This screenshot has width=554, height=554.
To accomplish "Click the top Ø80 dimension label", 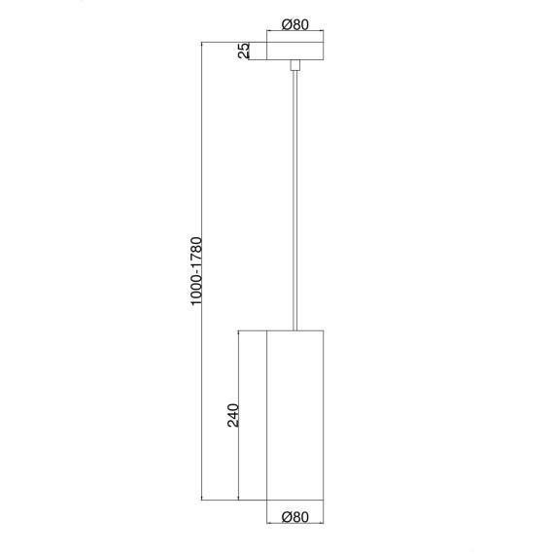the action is point(295,24).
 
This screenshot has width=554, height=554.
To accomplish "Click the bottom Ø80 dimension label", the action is point(295,517).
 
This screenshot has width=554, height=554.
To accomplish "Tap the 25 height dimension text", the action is point(244,51).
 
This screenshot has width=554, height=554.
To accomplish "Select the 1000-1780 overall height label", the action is point(196,270).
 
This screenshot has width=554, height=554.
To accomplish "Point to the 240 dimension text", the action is point(233,415).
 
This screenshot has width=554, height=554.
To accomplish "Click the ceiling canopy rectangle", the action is point(295,52).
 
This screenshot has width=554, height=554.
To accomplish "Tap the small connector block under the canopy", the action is point(295,65).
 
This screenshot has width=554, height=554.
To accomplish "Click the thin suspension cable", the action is point(295,200).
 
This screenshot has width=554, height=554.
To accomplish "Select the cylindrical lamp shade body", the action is point(295,415).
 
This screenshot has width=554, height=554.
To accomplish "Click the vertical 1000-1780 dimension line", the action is point(202,271).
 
